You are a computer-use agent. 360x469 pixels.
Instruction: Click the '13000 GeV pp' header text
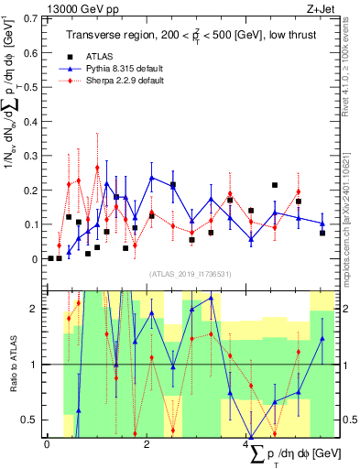point(45,7)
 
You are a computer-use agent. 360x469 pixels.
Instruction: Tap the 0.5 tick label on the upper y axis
point(30,86)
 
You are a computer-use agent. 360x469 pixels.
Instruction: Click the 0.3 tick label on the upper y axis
point(30,155)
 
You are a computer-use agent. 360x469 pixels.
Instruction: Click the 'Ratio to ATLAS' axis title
point(12,364)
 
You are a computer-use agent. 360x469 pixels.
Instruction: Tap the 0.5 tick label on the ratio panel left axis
point(30,420)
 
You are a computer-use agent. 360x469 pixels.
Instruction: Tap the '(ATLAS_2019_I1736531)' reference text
point(190,273)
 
